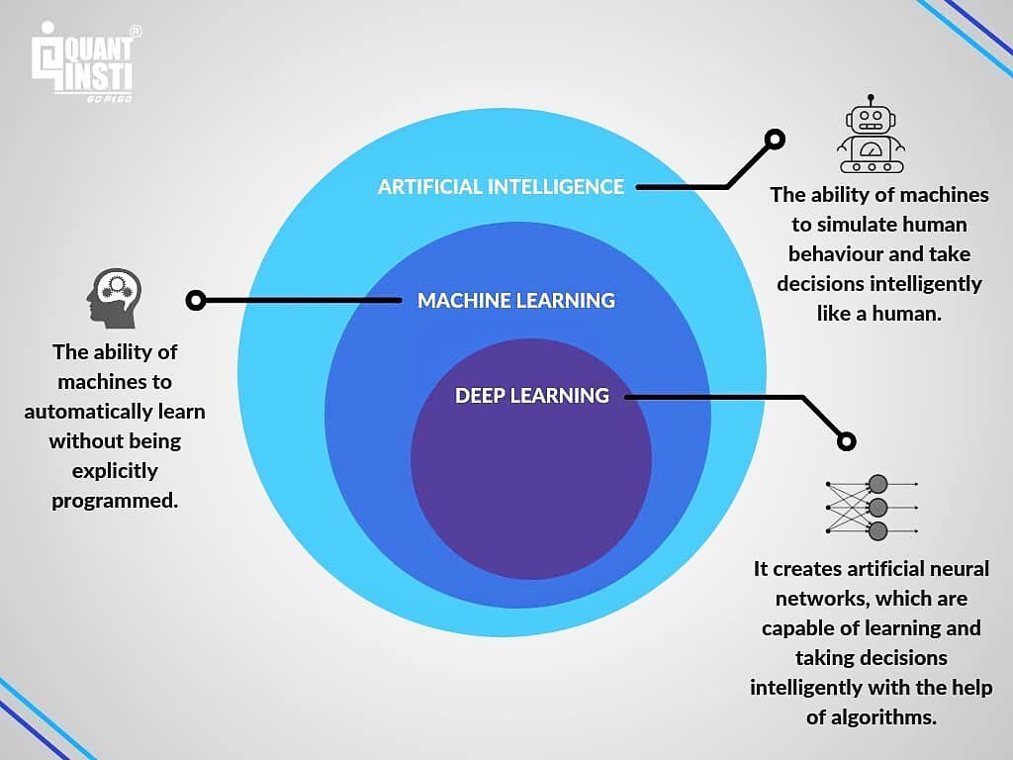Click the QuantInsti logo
point(83,62)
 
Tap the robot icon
point(871,135)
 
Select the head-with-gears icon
point(115,298)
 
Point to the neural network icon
point(872,508)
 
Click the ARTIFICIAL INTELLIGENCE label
point(501,187)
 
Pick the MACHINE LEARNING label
point(516,301)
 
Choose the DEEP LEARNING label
point(531,396)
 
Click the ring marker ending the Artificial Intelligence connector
point(775,139)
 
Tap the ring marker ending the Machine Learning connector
point(196,301)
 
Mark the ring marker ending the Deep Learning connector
point(847,441)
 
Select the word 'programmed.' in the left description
point(115,501)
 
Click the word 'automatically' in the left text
point(89,412)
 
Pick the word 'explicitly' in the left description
point(115,471)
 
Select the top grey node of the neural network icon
point(877,483)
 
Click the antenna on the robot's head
point(871,101)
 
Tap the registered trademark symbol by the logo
point(136,31)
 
